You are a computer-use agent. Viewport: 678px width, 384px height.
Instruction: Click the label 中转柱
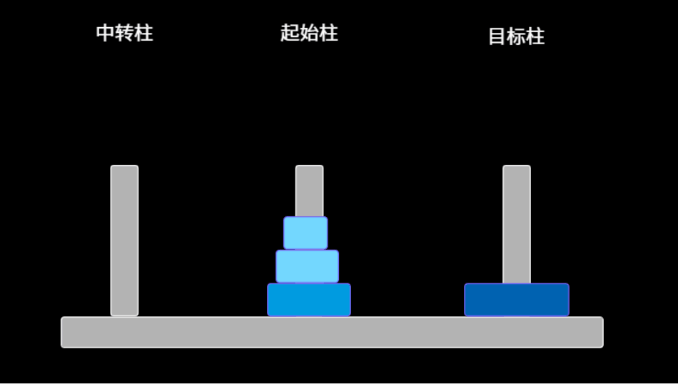124,33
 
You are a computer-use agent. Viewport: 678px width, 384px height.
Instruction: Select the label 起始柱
309,33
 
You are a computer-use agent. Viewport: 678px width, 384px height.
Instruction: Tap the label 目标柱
516,36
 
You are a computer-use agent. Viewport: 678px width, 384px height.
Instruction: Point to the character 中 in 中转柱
106,33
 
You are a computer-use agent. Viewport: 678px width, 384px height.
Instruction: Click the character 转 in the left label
124,33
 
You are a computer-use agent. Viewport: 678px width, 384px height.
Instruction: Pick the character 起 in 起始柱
290,33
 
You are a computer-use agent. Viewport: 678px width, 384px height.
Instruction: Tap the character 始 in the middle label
309,33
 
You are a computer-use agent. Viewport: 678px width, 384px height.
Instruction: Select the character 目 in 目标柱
497,36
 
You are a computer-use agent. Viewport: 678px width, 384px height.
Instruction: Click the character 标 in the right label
516,36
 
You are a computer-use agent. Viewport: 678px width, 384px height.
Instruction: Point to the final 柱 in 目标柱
535,36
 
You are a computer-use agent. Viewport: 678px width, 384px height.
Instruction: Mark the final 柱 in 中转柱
143,33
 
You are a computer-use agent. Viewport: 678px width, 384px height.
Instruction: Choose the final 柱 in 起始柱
328,33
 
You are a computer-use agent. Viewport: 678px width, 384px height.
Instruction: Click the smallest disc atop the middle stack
305,233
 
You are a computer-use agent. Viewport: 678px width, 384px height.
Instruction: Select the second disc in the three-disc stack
307,266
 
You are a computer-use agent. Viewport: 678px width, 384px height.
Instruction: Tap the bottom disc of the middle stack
309,300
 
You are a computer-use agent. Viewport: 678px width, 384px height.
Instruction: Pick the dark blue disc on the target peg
517,300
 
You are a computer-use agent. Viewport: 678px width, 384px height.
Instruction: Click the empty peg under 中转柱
124,240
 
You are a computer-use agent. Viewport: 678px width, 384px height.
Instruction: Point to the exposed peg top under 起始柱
309,190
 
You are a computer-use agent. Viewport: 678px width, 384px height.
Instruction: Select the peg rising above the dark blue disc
516,223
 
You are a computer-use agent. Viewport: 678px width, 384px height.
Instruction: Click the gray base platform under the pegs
332,333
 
